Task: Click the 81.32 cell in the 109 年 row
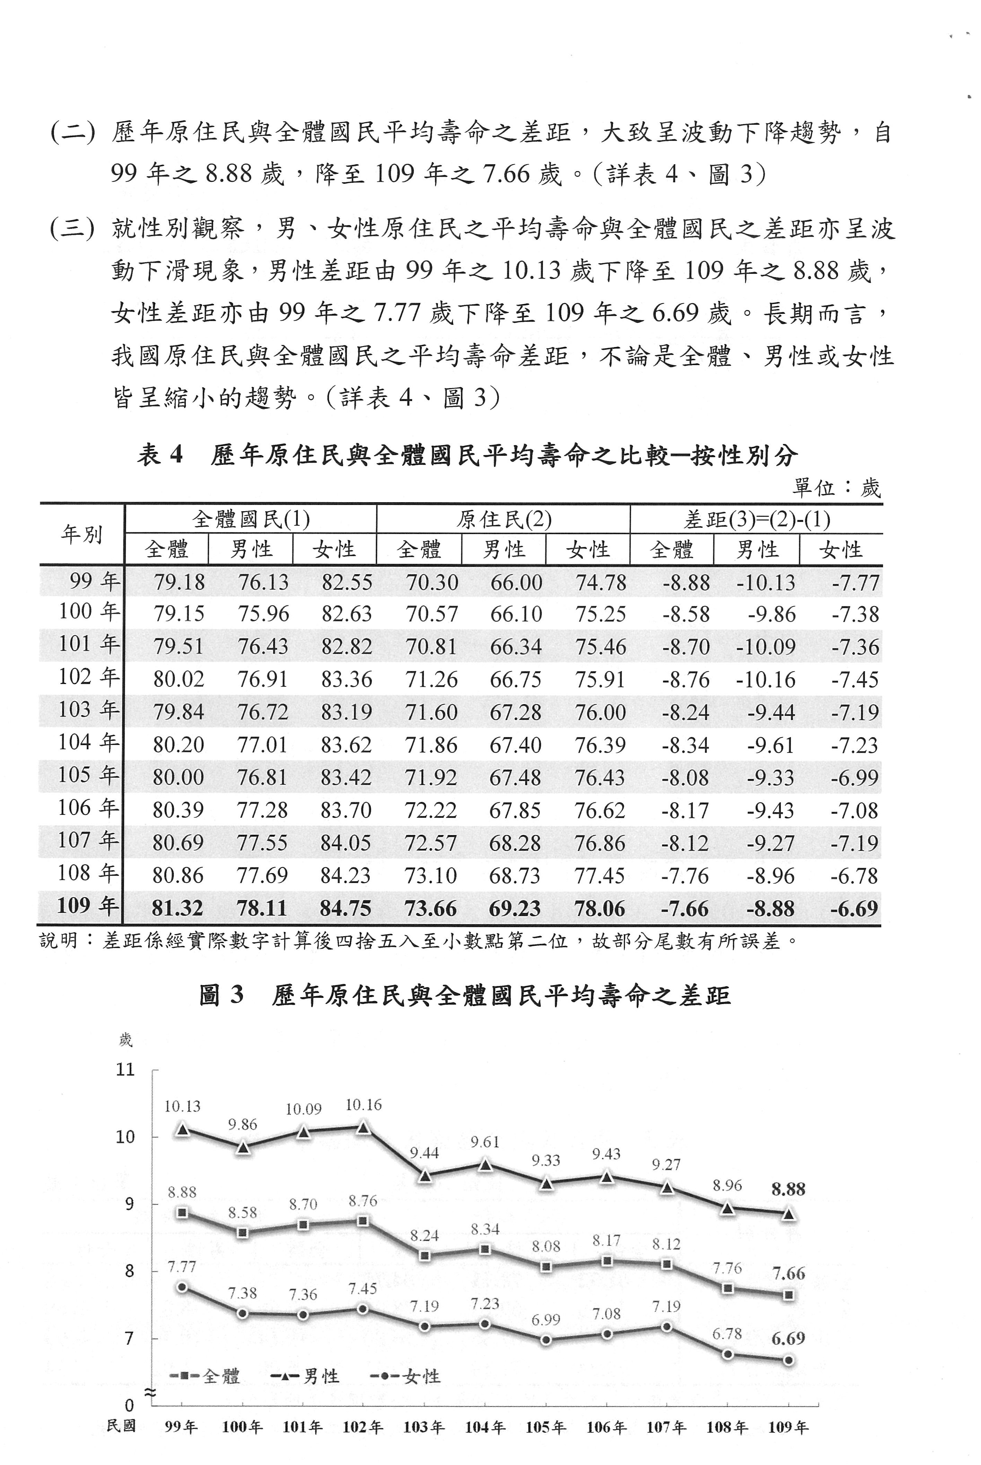[x=178, y=908]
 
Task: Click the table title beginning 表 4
[x=467, y=455]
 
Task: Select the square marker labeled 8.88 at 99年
[x=182, y=1213]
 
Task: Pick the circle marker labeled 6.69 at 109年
[x=789, y=1360]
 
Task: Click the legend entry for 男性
[x=305, y=1376]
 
